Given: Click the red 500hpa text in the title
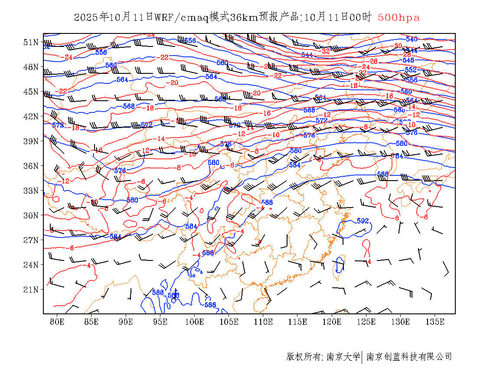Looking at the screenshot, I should pyautogui.click(x=399, y=17).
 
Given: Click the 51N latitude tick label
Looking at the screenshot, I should pyautogui.click(x=31, y=42).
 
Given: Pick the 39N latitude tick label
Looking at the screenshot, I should pyautogui.click(x=31, y=141).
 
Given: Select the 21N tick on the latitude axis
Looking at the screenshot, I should pyautogui.click(x=31, y=289).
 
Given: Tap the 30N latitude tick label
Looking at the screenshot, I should pyautogui.click(x=31, y=215).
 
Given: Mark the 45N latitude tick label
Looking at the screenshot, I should pyautogui.click(x=31, y=92).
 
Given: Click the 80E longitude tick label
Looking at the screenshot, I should pyautogui.click(x=57, y=322).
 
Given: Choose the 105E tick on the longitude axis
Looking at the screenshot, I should pyautogui.click(x=229, y=322).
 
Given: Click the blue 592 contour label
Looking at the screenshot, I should pyautogui.click(x=363, y=221).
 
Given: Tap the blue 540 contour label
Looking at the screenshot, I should pyautogui.click(x=412, y=40).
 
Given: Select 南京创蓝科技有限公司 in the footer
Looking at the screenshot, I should pyautogui.click(x=409, y=357).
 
